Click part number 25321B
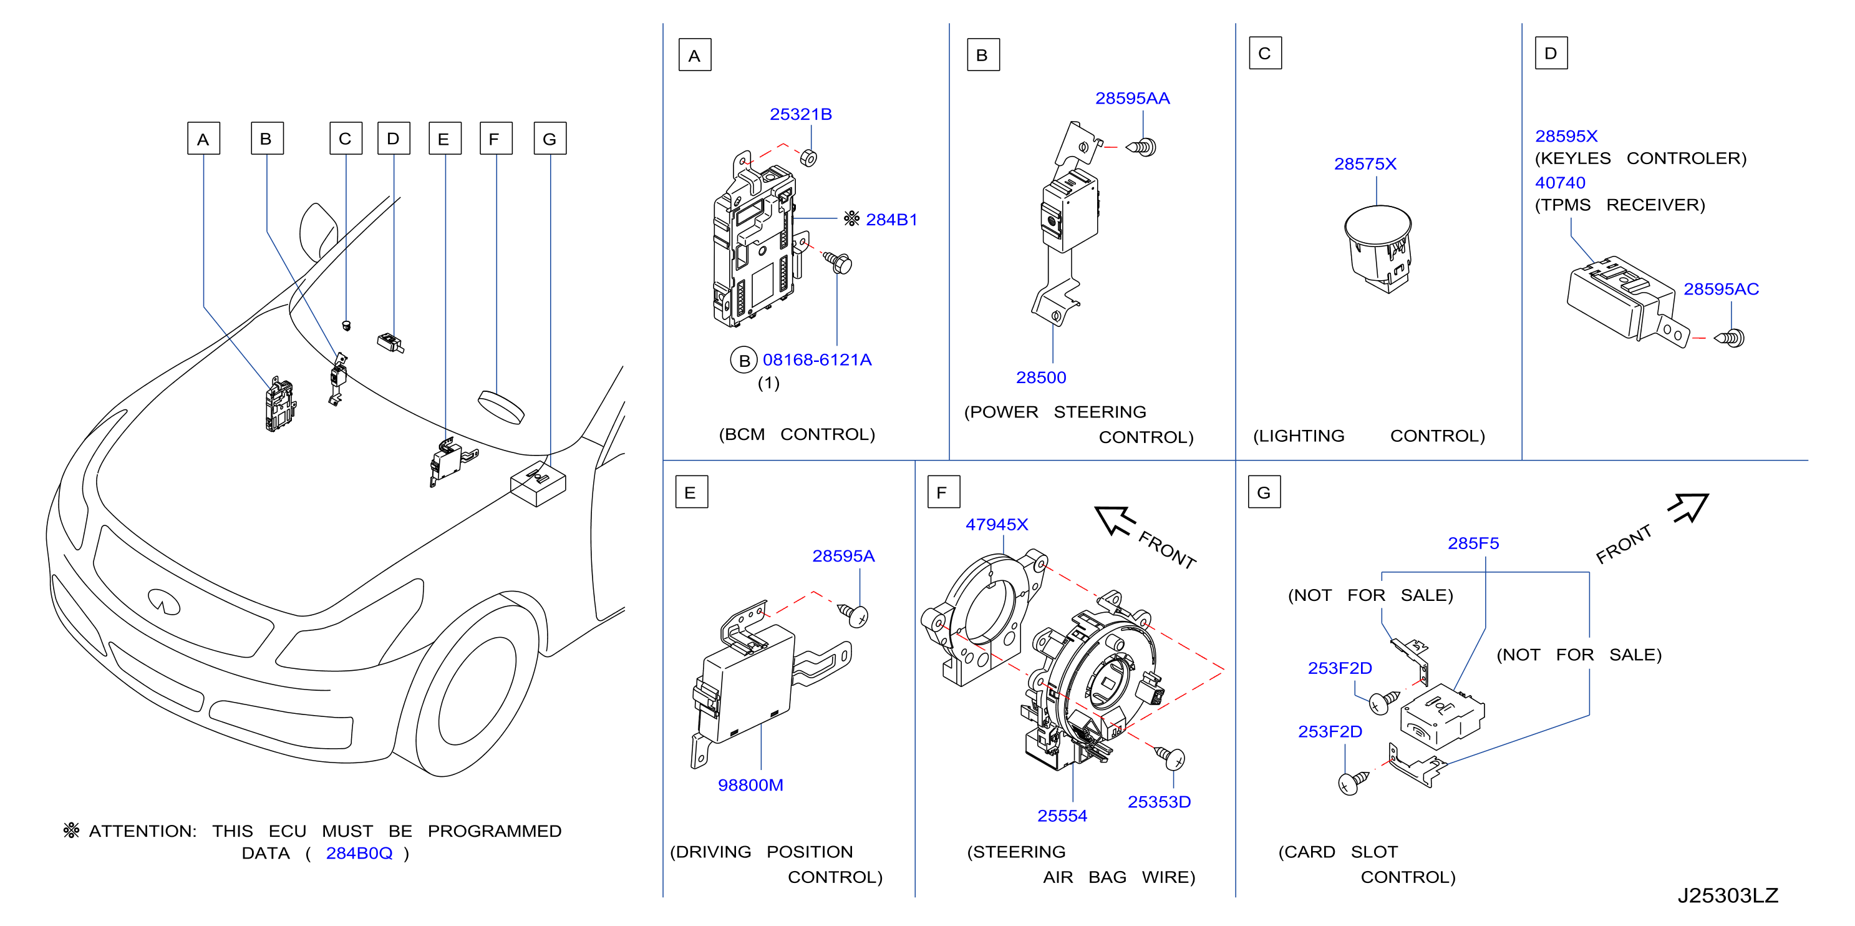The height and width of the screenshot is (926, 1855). pos(801,115)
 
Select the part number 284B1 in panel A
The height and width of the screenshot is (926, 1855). pos(891,220)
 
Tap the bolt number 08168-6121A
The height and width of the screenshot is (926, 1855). pos(817,359)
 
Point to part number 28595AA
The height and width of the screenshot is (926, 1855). pos(1132,99)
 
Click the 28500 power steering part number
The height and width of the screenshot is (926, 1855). pos(1040,378)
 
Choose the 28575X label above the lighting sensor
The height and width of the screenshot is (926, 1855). pos(1365,164)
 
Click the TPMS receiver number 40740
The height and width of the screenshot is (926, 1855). pos(1560,183)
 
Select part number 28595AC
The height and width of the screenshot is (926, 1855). pos(1721,289)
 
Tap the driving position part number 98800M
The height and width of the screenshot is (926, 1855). pos(750,785)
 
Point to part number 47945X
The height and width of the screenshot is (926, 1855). pos(997,525)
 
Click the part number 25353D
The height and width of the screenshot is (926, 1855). pos(1159,802)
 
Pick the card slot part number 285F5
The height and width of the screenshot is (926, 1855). pos(1473,543)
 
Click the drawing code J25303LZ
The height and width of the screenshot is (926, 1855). pos(1728,895)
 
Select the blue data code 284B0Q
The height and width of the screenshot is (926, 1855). pos(359,853)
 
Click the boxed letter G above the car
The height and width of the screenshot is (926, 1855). pos(550,139)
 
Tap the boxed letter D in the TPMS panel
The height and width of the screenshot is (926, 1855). pos(1551,53)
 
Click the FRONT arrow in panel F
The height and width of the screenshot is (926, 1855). pos(1115,520)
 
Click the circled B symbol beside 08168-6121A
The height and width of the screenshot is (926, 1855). pos(745,360)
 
